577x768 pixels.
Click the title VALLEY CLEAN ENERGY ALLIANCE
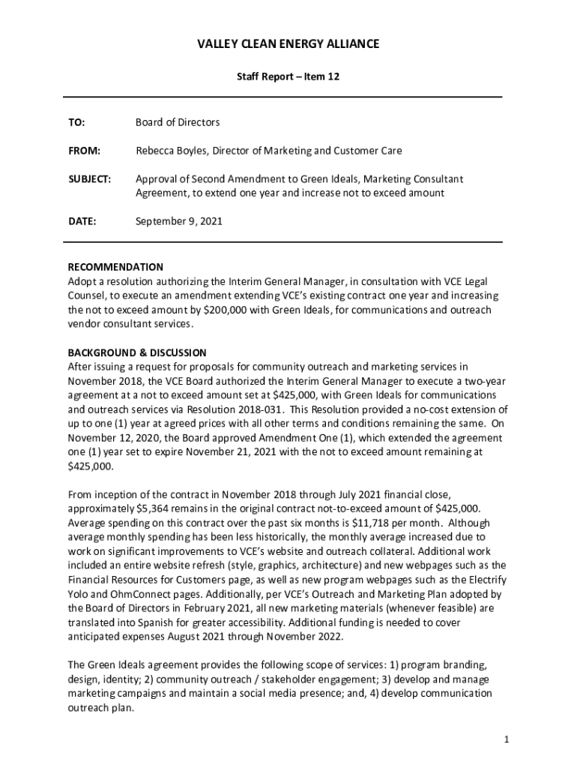(288, 44)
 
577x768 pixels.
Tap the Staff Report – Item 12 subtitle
(288, 76)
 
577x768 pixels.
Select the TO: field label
(76, 122)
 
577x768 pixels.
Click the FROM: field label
(84, 151)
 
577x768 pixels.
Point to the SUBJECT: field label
(89, 179)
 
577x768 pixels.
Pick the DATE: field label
(82, 221)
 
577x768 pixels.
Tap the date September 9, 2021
(178, 221)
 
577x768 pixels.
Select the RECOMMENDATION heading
(115, 267)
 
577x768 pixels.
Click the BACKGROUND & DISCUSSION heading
(137, 352)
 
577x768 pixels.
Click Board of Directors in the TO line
(178, 122)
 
